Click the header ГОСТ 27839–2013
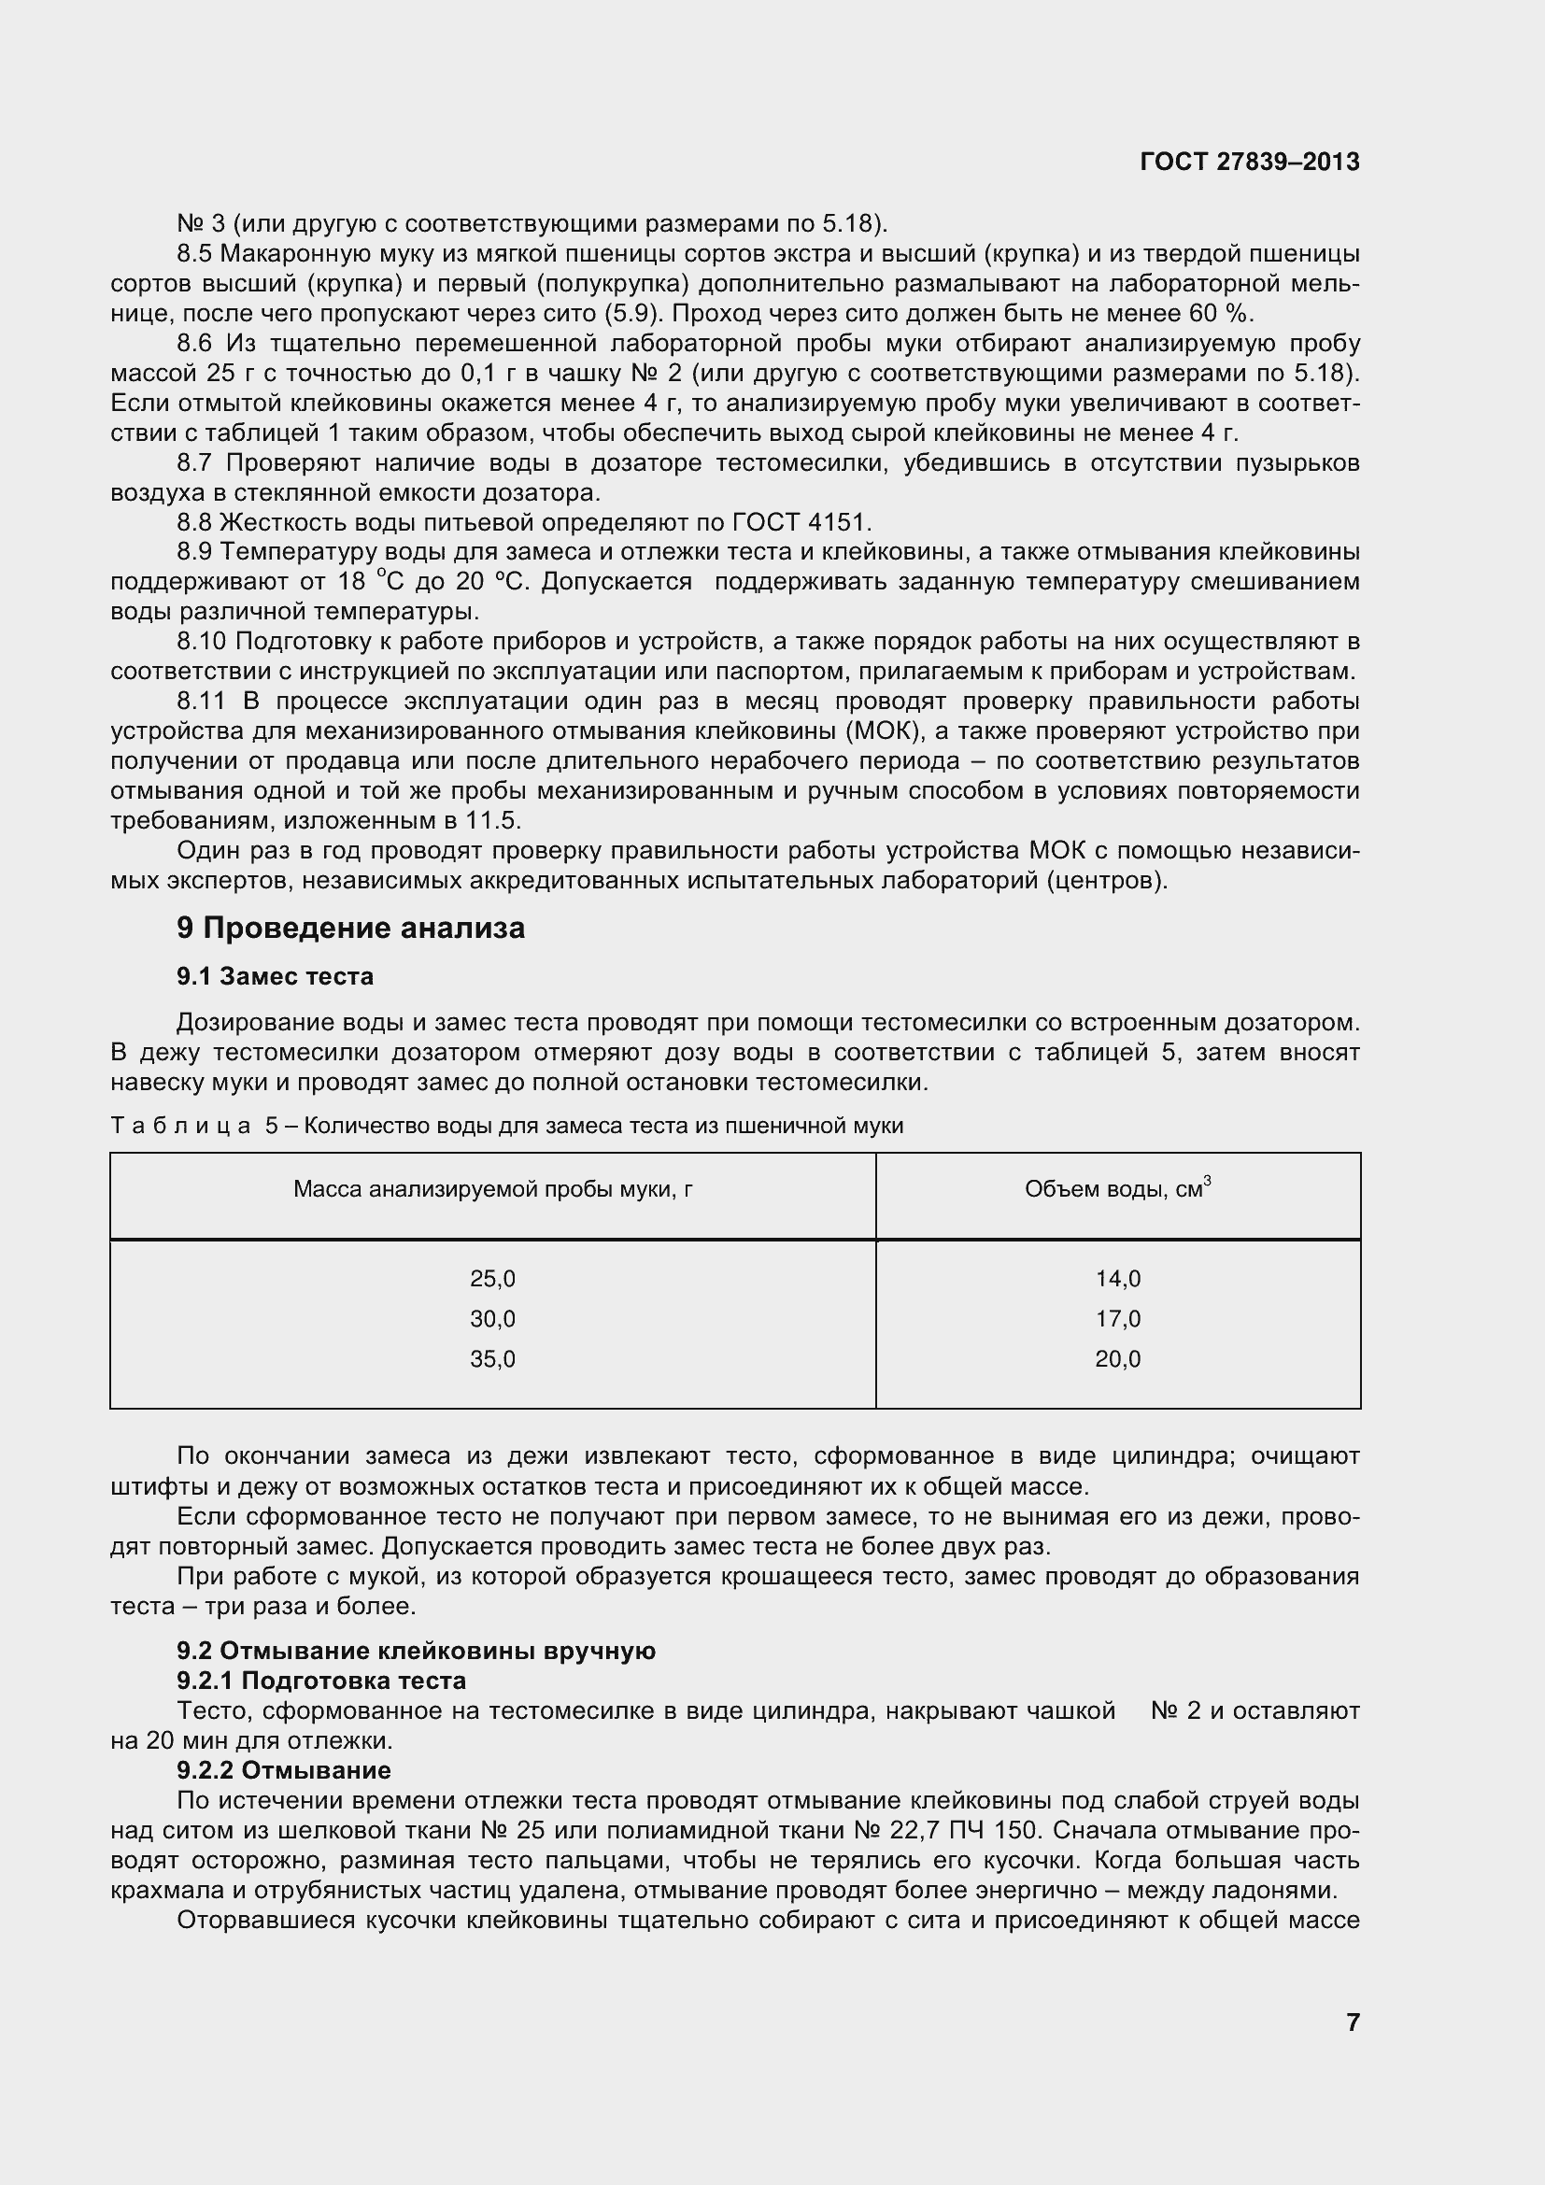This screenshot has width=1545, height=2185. coord(1249,162)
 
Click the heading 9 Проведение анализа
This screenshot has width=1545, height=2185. coord(350,928)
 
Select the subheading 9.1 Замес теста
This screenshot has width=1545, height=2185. coord(275,976)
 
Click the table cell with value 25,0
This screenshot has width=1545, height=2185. coord(492,1279)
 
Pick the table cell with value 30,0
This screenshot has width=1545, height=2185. coord(492,1319)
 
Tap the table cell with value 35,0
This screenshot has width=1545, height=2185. coord(492,1359)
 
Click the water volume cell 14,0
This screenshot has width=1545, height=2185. coord(1117,1279)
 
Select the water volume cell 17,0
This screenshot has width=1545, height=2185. coord(1117,1319)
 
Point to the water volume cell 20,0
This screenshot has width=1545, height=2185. coord(1117,1359)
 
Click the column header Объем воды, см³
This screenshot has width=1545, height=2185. coord(1117,1189)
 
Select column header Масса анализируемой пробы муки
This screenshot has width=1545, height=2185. coord(492,1189)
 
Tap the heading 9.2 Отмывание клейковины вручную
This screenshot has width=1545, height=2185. coord(416,1651)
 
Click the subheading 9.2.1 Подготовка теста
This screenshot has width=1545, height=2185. coord(320,1681)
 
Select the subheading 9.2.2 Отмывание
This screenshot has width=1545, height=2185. coord(284,1770)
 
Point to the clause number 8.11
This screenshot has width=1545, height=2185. coord(201,702)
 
